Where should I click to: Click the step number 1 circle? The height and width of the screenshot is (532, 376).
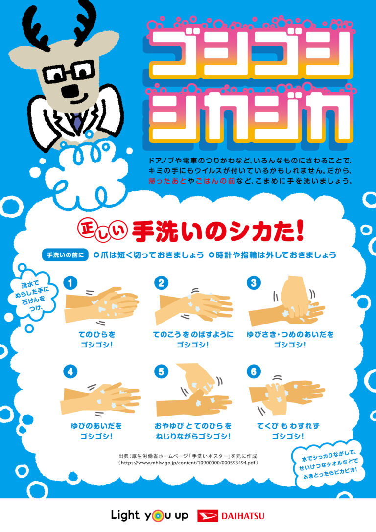(x=70, y=282)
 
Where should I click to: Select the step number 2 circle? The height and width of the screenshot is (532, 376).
(x=161, y=282)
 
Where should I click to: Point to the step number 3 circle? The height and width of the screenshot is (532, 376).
(x=254, y=282)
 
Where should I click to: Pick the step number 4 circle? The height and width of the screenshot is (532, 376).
(x=70, y=371)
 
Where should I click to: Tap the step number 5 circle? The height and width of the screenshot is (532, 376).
(x=161, y=371)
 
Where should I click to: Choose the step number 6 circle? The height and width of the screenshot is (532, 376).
(x=254, y=371)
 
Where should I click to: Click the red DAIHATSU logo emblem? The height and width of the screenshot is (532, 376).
(x=207, y=516)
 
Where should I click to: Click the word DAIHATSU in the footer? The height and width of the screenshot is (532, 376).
(x=243, y=516)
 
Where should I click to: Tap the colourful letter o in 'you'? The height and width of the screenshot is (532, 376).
(x=157, y=516)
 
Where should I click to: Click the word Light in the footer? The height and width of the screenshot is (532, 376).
(x=125, y=515)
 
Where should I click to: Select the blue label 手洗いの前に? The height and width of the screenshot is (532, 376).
(x=65, y=255)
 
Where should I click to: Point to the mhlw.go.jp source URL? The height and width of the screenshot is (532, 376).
(x=188, y=463)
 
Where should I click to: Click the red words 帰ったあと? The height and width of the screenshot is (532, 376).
(x=167, y=181)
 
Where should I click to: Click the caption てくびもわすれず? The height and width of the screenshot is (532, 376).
(x=288, y=426)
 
